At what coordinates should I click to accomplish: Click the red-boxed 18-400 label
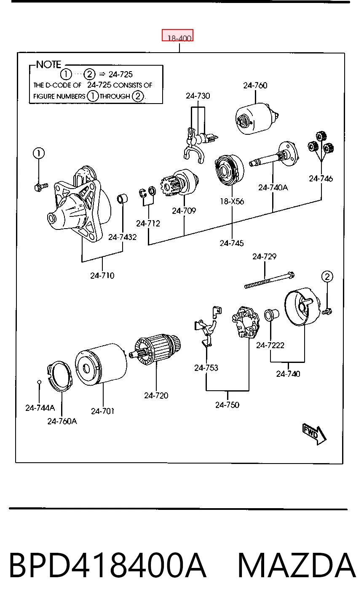(177, 35)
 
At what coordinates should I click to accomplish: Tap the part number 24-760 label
(255, 85)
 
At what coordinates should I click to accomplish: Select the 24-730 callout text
(198, 96)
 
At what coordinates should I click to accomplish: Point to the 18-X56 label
(232, 201)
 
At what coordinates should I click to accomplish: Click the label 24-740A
(273, 187)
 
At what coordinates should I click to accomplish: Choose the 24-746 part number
(321, 179)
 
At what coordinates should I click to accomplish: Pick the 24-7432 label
(122, 237)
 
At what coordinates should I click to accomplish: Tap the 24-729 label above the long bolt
(264, 256)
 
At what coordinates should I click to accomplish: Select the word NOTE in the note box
(48, 64)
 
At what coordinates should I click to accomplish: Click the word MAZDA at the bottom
(297, 565)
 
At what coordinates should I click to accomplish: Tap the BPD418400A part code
(107, 565)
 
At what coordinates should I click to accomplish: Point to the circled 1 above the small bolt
(39, 153)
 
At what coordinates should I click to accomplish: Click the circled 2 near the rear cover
(327, 277)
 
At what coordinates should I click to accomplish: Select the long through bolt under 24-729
(270, 280)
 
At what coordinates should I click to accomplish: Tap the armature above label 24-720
(155, 349)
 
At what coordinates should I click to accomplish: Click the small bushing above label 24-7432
(123, 198)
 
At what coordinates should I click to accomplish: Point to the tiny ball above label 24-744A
(39, 382)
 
